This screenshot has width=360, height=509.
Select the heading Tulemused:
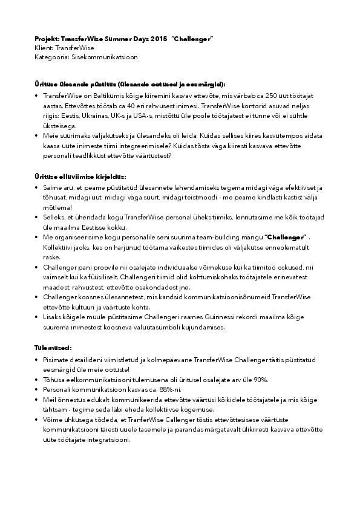point(53,348)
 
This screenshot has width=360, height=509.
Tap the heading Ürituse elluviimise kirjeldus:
point(80,177)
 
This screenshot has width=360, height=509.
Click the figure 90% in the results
point(261,379)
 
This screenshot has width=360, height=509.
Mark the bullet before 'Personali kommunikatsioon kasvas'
point(38,389)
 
